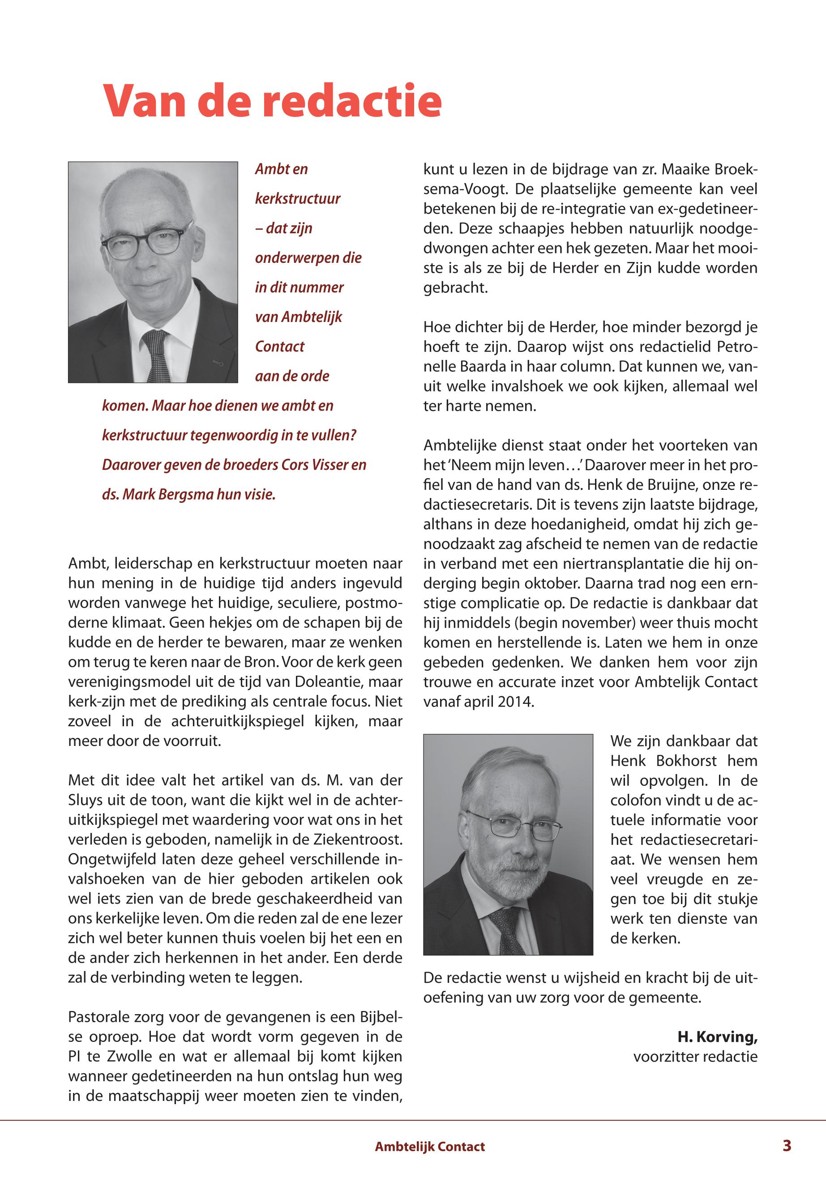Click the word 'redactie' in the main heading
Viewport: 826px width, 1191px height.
click(352, 101)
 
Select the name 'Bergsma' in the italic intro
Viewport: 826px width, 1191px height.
click(184, 494)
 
